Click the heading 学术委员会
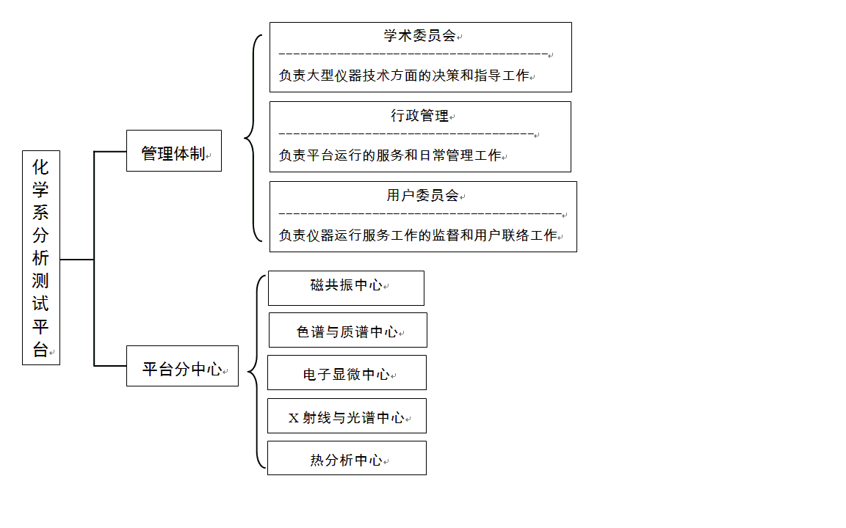click(x=420, y=35)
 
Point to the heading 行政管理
click(x=420, y=115)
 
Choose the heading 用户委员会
click(x=422, y=195)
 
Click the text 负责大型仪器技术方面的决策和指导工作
click(x=404, y=76)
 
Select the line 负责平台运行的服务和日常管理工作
click(x=390, y=155)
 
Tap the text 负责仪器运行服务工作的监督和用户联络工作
click(x=418, y=235)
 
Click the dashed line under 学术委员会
click(x=413, y=54)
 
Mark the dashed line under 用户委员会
click(x=420, y=214)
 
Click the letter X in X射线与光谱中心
click(x=294, y=418)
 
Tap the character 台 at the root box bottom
click(x=40, y=349)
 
